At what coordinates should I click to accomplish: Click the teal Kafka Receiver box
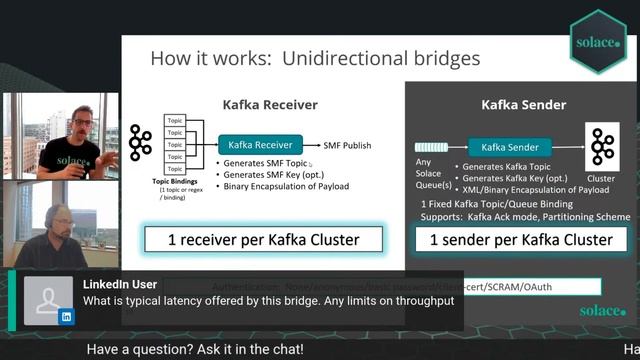pos(259,145)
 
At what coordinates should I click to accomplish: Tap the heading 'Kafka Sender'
pos(523,104)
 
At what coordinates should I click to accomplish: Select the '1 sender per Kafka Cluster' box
pos(521,240)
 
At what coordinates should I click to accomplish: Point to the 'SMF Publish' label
pos(347,146)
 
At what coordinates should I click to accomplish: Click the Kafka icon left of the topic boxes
pos(141,144)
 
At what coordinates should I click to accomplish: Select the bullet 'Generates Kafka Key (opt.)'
pos(510,177)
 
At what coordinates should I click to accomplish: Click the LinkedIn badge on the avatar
pos(67,316)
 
